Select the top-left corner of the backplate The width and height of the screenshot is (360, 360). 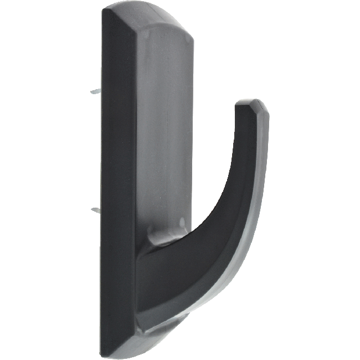(103, 11)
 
